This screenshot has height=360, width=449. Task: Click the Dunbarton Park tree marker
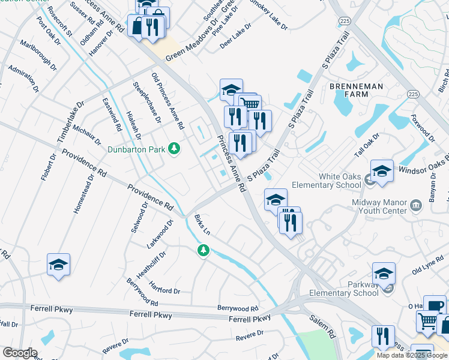pos(174,148)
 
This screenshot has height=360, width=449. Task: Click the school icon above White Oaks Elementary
pos(382,172)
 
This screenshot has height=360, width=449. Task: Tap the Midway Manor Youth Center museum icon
pos(415,207)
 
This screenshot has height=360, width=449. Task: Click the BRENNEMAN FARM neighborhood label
pos(356,91)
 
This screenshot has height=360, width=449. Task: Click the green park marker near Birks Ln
pos(203,250)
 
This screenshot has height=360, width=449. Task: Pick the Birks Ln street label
pos(202,226)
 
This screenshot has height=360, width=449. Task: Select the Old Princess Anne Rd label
pos(167,101)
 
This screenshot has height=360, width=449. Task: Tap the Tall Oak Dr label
pos(367,146)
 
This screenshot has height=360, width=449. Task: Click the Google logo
pos(20,353)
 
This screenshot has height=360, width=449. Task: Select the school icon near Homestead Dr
pos(58,265)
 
